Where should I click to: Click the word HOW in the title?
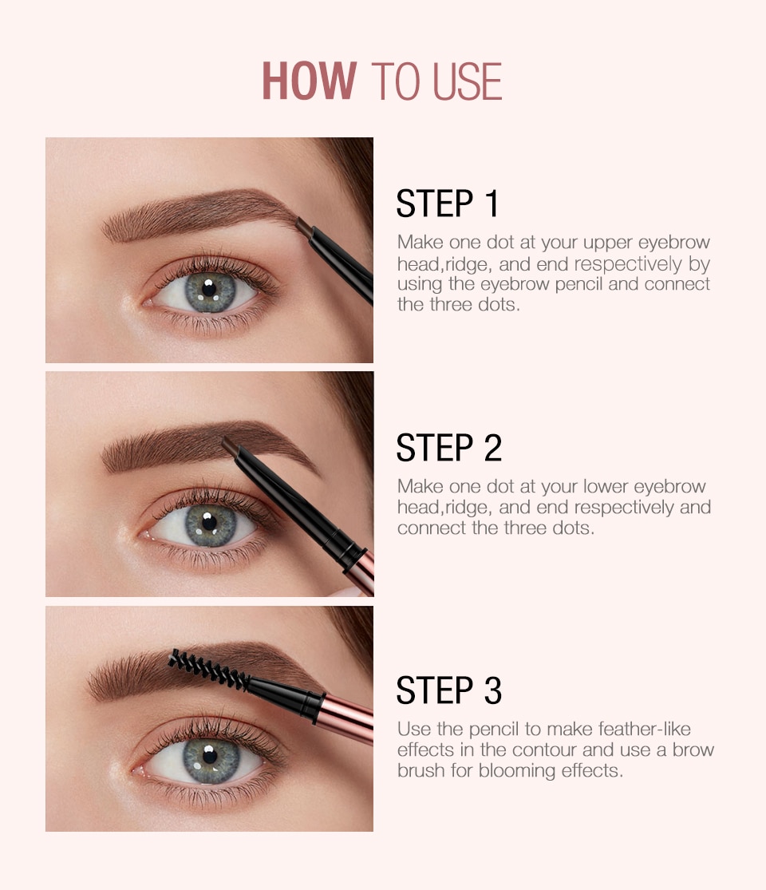pyautogui.click(x=310, y=81)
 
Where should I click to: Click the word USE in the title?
pyautogui.click(x=468, y=81)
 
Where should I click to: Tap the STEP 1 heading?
pyautogui.click(x=447, y=204)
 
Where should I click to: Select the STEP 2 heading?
pyautogui.click(x=448, y=447)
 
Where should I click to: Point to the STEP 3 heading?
pyautogui.click(x=448, y=690)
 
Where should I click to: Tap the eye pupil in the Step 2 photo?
pyautogui.click(x=209, y=522)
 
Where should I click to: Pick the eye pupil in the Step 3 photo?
pyautogui.click(x=210, y=755)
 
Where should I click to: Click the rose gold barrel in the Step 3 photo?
pyautogui.click(x=345, y=718)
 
